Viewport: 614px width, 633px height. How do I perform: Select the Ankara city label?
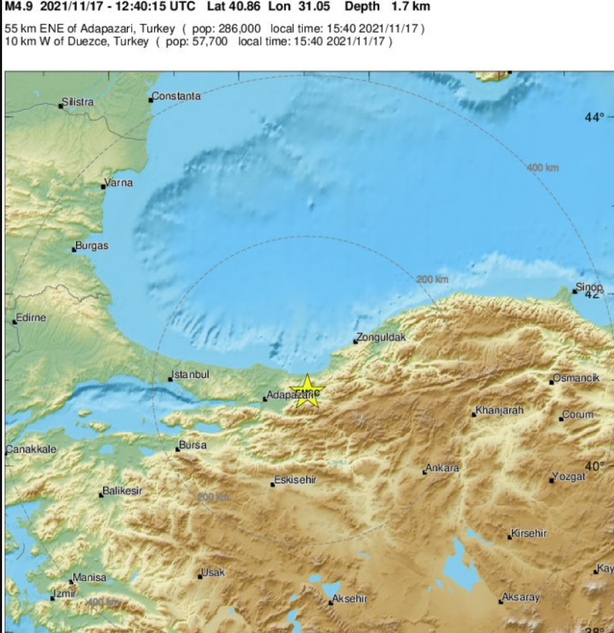pos(442,468)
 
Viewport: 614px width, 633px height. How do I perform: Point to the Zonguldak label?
pos(380,338)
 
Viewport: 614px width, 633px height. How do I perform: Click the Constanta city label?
pos(176,96)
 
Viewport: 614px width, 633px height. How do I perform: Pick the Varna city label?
pos(118,183)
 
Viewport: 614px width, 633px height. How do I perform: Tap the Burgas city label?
pos(92,246)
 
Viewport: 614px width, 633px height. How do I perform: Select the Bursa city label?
pos(193,445)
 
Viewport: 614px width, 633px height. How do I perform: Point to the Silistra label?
pos(77,102)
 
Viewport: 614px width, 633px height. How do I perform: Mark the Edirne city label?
pos(30,318)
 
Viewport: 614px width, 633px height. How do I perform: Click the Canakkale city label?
pos(31,450)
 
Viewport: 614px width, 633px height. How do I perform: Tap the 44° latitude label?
pos(594,118)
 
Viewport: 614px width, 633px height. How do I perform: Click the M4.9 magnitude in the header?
pos(20,7)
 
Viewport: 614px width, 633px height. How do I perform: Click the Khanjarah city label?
pos(499,410)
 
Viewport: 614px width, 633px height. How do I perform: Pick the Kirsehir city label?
pos(529,533)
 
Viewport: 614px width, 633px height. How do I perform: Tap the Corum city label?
pos(578,415)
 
